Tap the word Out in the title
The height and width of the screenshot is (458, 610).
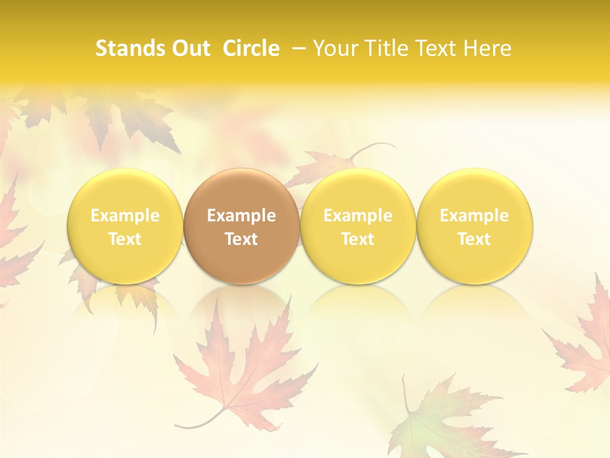[189, 48]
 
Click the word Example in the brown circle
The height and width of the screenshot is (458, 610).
[241, 216]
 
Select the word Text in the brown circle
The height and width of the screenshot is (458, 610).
[241, 239]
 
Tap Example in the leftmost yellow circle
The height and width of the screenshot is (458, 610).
[125, 216]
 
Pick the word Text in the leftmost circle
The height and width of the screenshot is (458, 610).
[125, 239]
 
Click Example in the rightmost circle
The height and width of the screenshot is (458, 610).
[475, 216]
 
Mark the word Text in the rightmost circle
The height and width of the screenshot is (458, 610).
[475, 239]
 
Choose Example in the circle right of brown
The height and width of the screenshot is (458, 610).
[358, 216]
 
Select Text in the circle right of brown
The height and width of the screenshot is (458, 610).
[358, 239]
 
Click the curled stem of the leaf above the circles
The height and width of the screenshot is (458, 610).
[375, 147]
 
